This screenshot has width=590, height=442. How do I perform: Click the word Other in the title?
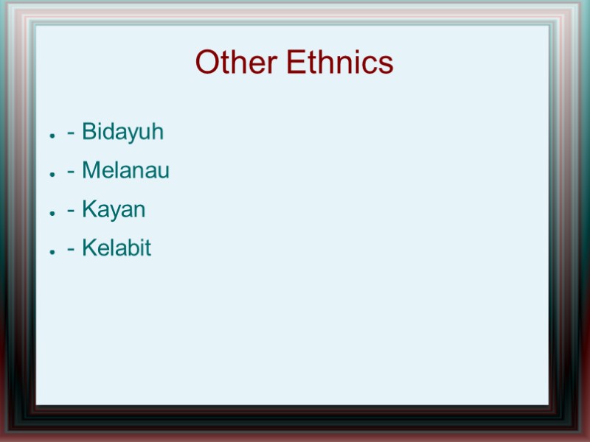pos(237,63)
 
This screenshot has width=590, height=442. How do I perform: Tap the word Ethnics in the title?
pos(340,63)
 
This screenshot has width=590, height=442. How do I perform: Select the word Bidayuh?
pos(122,133)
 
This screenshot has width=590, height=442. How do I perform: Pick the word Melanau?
pos(125,171)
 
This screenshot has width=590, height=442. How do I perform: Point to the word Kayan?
pos(114,210)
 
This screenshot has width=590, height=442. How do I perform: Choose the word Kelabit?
pos(117,248)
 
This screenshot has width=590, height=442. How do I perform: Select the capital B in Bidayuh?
pos(88,133)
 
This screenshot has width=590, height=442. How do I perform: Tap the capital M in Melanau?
pos(91,171)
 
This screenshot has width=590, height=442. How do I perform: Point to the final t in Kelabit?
pos(147,248)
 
